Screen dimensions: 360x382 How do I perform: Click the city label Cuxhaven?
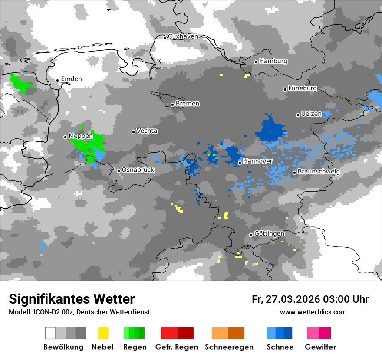tap(183, 37)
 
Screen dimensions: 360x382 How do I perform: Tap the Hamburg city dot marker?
tap(256, 62)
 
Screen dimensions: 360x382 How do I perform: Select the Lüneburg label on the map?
tap(303, 88)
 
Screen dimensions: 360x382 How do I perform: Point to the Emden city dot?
tap(57, 80)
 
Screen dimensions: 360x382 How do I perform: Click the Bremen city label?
tap(188, 104)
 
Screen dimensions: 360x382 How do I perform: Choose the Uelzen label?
tap(311, 114)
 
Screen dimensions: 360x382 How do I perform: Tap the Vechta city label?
tap(147, 131)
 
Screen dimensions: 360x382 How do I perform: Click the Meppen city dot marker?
tap(65, 137)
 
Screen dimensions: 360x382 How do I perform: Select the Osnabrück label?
tap(138, 170)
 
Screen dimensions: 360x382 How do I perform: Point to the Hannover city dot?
tap(240, 163)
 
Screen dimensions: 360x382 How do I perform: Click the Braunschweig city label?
tap(319, 172)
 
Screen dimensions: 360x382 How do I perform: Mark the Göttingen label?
tap(269, 234)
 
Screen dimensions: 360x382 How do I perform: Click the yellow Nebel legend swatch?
tap(103, 333)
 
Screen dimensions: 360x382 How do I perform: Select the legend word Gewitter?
tap(320, 347)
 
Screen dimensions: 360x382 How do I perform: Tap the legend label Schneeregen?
tap(228, 347)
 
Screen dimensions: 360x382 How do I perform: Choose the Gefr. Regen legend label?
tap(177, 347)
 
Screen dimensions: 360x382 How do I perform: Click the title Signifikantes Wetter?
tap(72, 299)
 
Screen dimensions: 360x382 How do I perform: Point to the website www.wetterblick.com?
tap(313, 312)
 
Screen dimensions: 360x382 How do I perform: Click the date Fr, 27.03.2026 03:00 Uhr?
tap(310, 299)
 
